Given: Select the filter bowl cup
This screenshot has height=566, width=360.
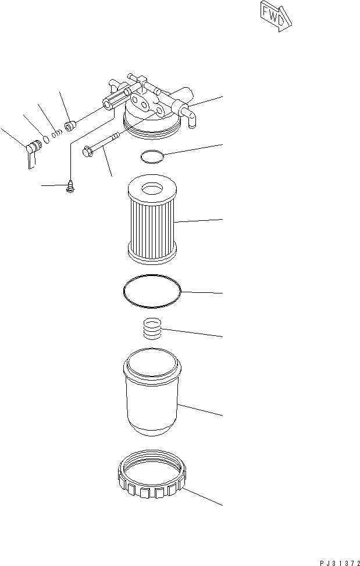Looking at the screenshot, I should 153,395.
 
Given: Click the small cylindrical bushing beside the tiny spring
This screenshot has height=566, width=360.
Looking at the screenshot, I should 70,125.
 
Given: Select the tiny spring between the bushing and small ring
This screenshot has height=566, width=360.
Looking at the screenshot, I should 56,133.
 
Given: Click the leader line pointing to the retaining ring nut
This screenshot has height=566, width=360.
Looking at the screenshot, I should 204,496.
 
